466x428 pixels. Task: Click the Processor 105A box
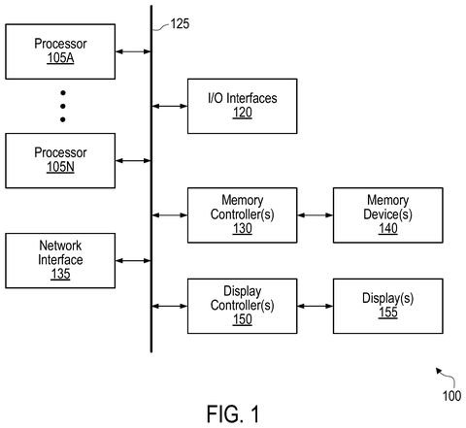click(x=60, y=51)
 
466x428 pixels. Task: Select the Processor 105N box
click(x=60, y=160)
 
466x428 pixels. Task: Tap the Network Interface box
click(x=60, y=260)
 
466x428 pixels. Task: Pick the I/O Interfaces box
click(x=243, y=106)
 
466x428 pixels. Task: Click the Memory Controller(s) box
click(x=243, y=215)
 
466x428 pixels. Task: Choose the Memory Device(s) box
click(x=388, y=215)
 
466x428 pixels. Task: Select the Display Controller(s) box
click(x=243, y=306)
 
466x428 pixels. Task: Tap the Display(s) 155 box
click(x=388, y=306)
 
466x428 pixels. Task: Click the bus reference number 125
click(x=180, y=24)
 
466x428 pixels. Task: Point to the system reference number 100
click(x=451, y=396)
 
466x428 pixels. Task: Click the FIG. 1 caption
click(x=233, y=413)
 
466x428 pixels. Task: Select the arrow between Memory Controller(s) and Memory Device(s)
click(x=316, y=215)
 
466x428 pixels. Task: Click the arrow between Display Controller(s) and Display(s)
click(x=316, y=306)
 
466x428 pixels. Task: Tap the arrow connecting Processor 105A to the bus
click(x=133, y=51)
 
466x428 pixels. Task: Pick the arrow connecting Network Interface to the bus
click(x=133, y=260)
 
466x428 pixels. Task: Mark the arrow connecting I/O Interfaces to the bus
click(x=170, y=106)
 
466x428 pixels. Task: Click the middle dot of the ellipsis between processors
click(x=63, y=106)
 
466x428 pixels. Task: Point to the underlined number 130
click(x=243, y=229)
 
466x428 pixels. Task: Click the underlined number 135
click(x=60, y=274)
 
